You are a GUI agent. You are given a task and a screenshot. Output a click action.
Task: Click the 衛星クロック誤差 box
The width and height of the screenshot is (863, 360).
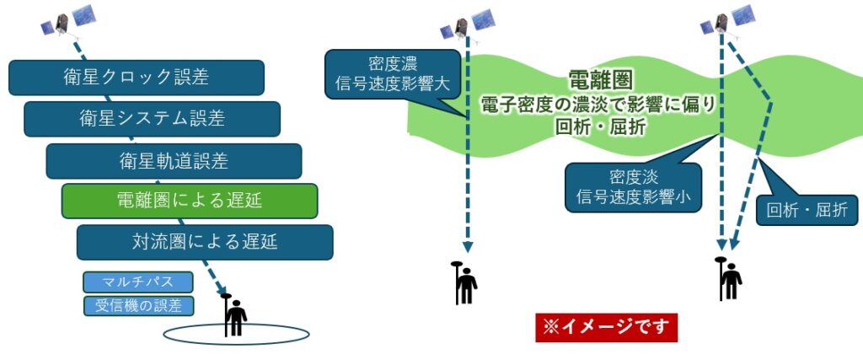click(137, 78)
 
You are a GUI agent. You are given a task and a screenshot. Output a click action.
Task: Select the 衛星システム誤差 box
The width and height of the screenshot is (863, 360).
click(152, 119)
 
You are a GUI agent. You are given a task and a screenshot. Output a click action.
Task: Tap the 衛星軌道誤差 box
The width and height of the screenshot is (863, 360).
click(174, 160)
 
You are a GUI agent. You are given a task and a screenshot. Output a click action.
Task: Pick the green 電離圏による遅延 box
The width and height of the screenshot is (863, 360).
click(189, 201)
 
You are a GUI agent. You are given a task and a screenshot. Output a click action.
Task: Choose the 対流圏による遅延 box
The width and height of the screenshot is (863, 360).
click(204, 242)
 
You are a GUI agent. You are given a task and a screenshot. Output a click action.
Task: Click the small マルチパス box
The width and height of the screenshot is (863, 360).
click(138, 282)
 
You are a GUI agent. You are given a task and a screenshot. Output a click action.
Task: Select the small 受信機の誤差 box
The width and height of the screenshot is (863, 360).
click(138, 305)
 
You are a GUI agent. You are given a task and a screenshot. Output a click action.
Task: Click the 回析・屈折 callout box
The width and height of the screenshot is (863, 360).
click(807, 211)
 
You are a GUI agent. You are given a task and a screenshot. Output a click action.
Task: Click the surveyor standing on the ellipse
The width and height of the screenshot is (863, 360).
click(233, 314)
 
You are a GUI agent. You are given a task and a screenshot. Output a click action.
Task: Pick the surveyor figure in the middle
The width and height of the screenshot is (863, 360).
click(463, 282)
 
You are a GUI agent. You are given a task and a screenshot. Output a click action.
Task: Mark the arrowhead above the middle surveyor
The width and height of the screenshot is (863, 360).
click(466, 245)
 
